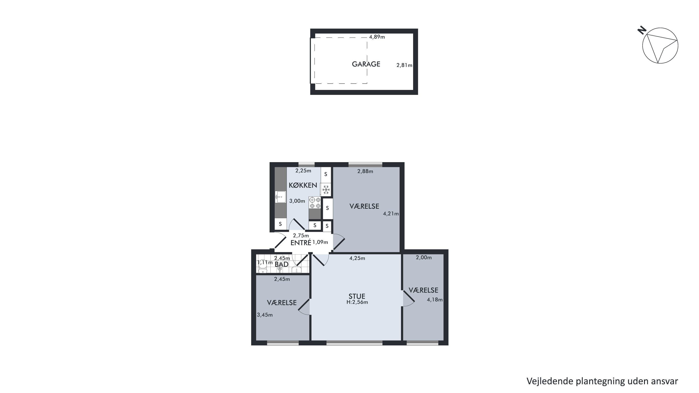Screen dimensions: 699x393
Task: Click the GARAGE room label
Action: (366, 64)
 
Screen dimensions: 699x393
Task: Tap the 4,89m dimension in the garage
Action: (377, 37)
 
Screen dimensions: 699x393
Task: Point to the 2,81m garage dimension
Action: (404, 65)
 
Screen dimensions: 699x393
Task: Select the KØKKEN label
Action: (303, 185)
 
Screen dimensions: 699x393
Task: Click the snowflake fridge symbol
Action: (326, 189)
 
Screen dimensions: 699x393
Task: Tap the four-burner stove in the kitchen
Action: (315, 203)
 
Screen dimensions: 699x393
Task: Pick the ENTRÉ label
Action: (301, 243)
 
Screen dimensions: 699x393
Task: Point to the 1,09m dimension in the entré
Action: (320, 242)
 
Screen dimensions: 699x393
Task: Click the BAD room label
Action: (281, 264)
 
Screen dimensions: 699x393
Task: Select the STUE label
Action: (357, 296)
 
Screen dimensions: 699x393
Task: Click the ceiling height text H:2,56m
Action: (357, 302)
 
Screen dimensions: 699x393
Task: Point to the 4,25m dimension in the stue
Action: (357, 258)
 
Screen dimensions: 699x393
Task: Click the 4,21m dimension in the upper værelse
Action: (391, 214)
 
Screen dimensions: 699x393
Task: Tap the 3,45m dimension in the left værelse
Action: (265, 315)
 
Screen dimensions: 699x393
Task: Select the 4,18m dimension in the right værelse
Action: (435, 300)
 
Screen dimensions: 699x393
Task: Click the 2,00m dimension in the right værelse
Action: (424, 258)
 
